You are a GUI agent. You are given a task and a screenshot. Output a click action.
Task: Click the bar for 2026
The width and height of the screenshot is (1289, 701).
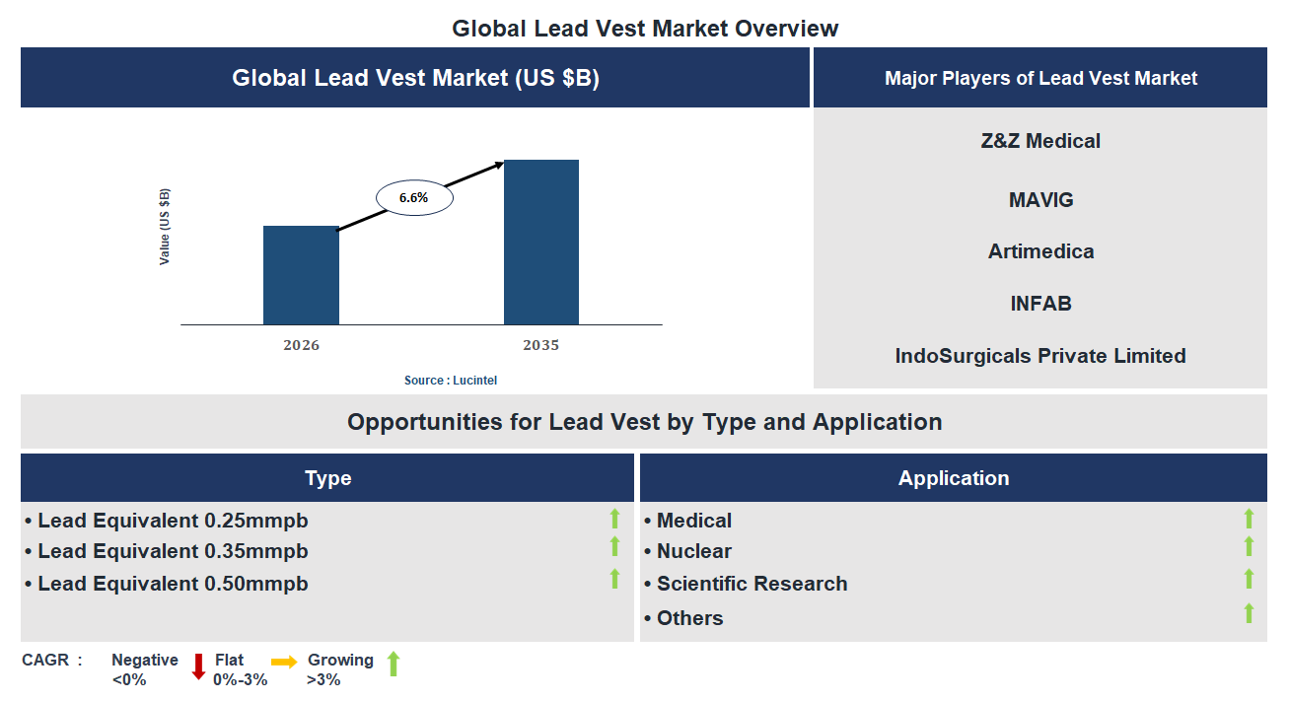click(x=301, y=275)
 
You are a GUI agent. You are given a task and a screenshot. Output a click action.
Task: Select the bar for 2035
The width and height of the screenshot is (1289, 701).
click(x=541, y=242)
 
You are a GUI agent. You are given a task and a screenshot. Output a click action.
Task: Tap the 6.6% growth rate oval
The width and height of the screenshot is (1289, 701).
click(x=414, y=197)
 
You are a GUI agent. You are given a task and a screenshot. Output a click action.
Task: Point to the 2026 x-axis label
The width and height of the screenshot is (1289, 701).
click(x=301, y=345)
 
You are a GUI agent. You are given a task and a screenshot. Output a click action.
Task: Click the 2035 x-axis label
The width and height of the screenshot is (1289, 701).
click(x=540, y=345)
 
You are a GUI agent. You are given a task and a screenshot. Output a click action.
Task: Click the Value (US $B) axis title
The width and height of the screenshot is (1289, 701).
click(x=165, y=227)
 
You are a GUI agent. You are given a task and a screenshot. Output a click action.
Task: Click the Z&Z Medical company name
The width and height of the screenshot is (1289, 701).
click(x=1040, y=141)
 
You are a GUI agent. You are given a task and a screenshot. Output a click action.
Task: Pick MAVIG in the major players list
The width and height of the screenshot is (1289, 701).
click(x=1040, y=200)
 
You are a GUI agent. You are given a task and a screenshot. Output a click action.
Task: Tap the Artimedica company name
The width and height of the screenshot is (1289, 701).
click(x=1040, y=251)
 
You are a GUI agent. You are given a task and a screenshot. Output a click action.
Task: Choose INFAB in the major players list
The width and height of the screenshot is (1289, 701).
click(x=1040, y=304)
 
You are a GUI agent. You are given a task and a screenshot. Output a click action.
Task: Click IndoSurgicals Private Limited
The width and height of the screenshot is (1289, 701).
click(x=1040, y=356)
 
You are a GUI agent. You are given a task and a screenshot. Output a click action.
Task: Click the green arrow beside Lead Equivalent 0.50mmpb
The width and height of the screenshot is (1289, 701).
click(x=614, y=579)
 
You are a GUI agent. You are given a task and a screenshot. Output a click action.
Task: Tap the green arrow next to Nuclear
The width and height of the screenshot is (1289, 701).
click(x=1249, y=546)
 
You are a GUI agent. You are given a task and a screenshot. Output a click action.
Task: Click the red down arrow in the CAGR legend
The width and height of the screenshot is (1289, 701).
click(x=198, y=666)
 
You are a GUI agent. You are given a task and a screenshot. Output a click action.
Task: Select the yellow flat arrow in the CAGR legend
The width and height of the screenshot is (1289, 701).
click(x=284, y=663)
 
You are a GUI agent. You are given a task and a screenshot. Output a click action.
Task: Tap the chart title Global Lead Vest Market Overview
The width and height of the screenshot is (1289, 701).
click(x=645, y=28)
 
